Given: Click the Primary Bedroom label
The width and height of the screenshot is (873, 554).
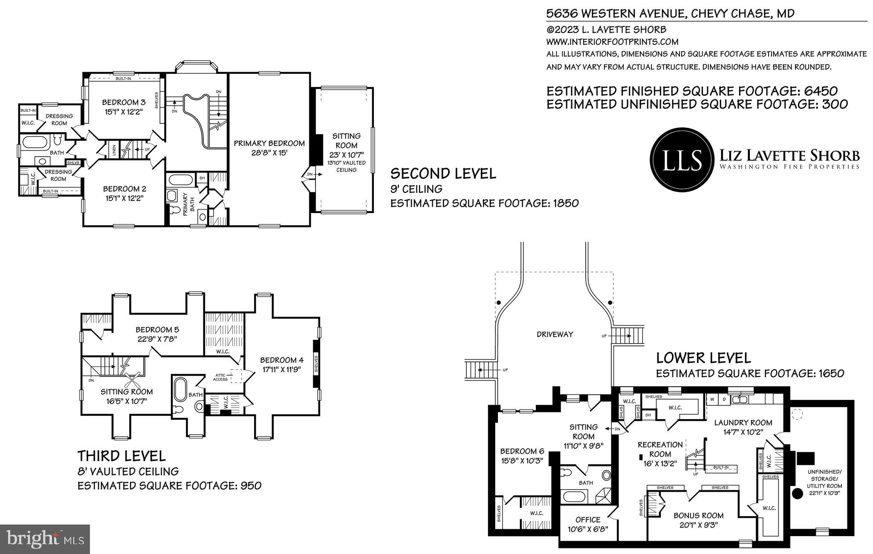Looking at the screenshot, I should (269, 143).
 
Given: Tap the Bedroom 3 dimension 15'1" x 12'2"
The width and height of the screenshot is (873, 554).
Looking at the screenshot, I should (124, 112).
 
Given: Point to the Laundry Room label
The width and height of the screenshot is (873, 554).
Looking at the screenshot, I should (743, 423).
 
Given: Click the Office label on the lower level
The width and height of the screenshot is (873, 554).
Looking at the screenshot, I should (588, 519).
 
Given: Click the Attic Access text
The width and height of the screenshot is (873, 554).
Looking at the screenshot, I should (221, 377).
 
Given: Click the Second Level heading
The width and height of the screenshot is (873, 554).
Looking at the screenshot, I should (443, 174).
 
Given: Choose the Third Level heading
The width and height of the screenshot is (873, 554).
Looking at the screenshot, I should (121, 456).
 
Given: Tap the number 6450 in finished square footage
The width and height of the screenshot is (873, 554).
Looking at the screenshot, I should (821, 91).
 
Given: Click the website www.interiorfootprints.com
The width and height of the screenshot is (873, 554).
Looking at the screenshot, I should (612, 42).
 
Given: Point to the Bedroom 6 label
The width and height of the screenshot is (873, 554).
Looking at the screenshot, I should (522, 451).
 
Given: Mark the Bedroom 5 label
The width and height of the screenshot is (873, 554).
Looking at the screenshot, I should (157, 329).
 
